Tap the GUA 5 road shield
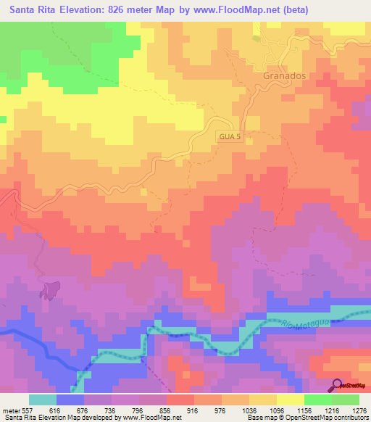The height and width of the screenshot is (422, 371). pyautogui.click(x=228, y=136)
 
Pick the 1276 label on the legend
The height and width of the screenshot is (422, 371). pyautogui.click(x=359, y=410)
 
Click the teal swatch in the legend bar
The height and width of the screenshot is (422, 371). pyautogui.click(x=43, y=400)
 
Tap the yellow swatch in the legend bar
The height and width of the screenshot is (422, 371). pyautogui.click(x=290, y=400)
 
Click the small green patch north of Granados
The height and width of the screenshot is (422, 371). pyautogui.click(x=256, y=38)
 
